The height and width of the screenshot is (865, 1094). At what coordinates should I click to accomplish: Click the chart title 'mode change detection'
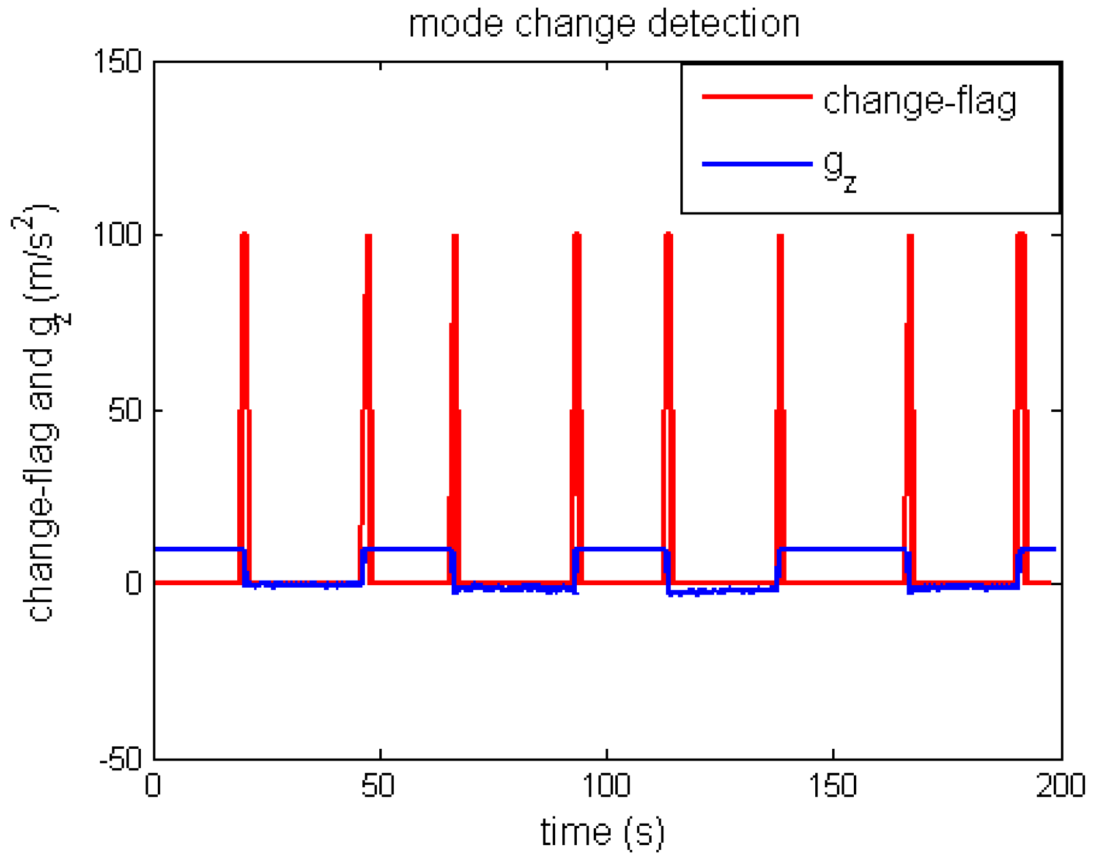pyautogui.click(x=604, y=25)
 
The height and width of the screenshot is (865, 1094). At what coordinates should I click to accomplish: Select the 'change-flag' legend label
pyautogui.click(x=920, y=101)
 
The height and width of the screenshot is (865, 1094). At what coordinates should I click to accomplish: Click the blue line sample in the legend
pyautogui.click(x=757, y=164)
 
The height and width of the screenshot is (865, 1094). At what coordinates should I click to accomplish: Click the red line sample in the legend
pyautogui.click(x=757, y=96)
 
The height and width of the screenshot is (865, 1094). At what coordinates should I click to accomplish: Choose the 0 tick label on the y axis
pyautogui.click(x=133, y=583)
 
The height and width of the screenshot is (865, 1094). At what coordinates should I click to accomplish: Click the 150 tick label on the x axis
pyautogui.click(x=833, y=786)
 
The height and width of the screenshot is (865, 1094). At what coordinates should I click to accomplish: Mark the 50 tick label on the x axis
pyautogui.click(x=378, y=786)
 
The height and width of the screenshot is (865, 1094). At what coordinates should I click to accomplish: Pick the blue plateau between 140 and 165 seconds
pyautogui.click(x=842, y=549)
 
